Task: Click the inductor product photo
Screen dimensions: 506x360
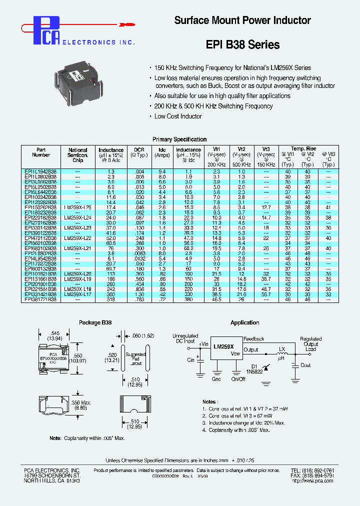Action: point(82,80)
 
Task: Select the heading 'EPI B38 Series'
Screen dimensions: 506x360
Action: point(242,44)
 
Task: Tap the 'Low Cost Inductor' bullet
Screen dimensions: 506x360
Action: point(177,116)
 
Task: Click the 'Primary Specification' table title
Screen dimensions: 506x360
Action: point(179,139)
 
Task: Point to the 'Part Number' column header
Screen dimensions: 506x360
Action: point(41,152)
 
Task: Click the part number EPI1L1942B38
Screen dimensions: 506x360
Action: point(40,171)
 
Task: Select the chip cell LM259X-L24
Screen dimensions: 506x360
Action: point(77,218)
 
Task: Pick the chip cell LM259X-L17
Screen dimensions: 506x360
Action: point(77,294)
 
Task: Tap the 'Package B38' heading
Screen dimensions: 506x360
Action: point(95,322)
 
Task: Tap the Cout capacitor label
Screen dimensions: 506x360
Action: point(305,365)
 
